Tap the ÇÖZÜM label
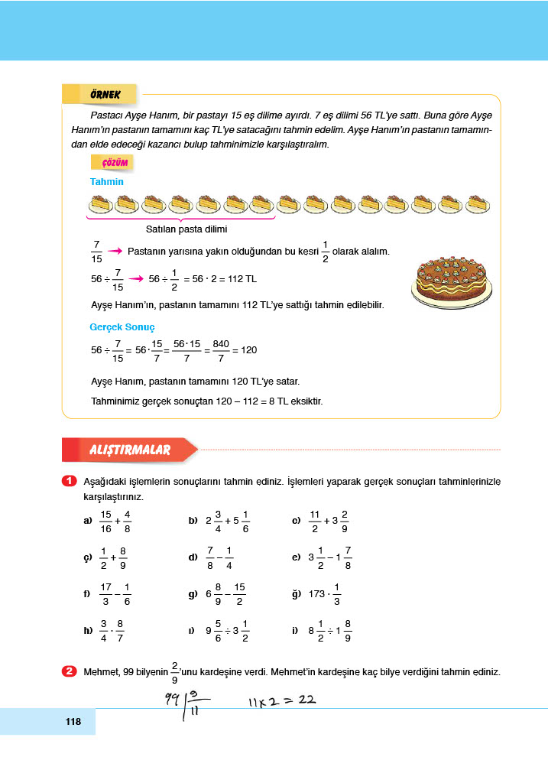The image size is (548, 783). (x=112, y=162)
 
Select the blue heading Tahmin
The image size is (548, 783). (x=106, y=182)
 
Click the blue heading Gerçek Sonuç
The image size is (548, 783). (x=122, y=327)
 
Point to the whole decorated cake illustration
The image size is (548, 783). (x=450, y=279)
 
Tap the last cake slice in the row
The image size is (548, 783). (x=475, y=204)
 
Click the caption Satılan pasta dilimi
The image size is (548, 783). (x=186, y=229)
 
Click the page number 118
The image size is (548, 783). (x=73, y=721)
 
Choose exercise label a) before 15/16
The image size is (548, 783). (x=87, y=521)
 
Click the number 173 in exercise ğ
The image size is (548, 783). (x=318, y=594)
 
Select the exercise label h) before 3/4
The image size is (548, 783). (x=87, y=631)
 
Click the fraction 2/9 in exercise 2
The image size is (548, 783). (x=175, y=672)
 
